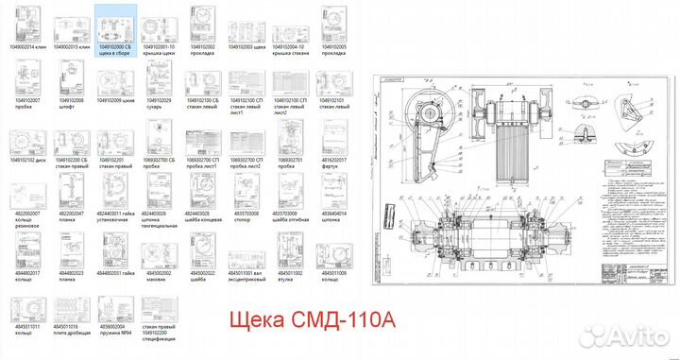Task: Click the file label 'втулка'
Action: [x=292, y=278]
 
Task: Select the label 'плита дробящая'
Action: [x=73, y=334]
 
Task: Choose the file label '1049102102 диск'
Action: [x=28, y=161]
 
